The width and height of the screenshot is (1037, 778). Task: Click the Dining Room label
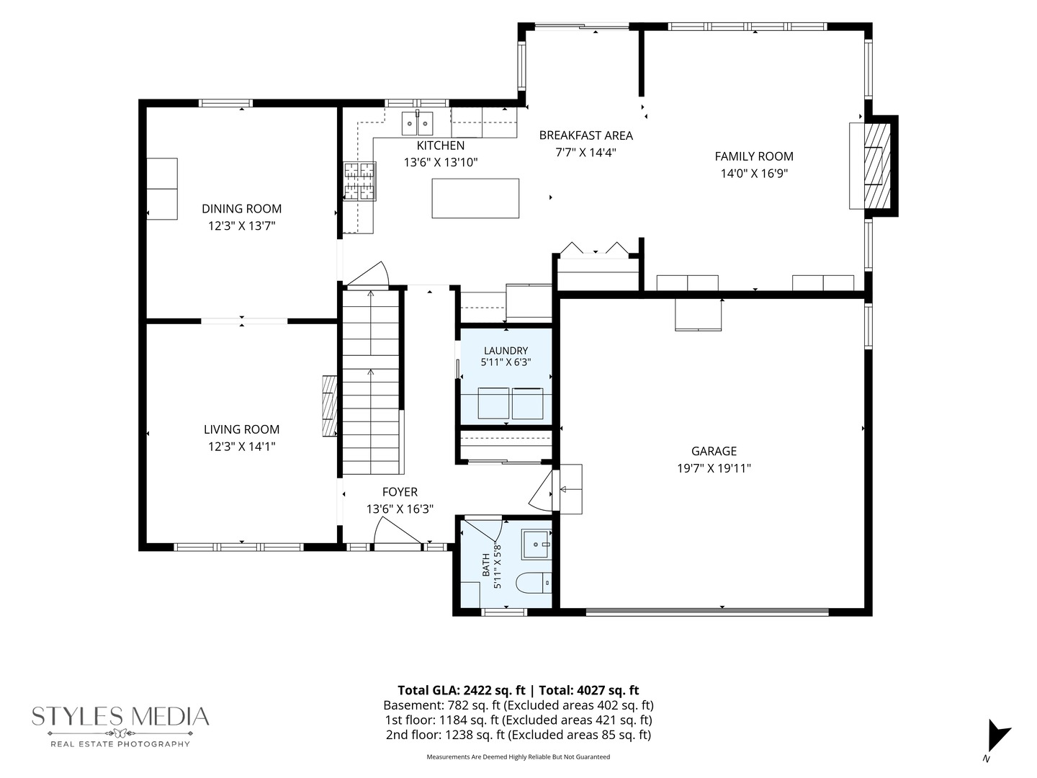pyautogui.click(x=241, y=208)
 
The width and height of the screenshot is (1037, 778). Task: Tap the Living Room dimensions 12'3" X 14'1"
pyautogui.click(x=241, y=447)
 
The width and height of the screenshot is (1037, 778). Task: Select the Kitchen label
pyautogui.click(x=440, y=146)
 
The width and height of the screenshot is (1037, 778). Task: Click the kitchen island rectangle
pyautogui.click(x=475, y=198)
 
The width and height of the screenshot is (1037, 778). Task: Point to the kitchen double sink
pyautogui.click(x=417, y=124)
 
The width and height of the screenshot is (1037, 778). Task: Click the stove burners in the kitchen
pyautogui.click(x=359, y=181)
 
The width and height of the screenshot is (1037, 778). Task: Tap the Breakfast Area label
pyautogui.click(x=585, y=135)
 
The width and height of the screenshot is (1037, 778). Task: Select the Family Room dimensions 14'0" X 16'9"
pyautogui.click(x=754, y=174)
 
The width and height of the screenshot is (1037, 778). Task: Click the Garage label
pyautogui.click(x=714, y=451)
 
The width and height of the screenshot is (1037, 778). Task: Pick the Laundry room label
pyautogui.click(x=506, y=351)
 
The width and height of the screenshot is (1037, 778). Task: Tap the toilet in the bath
pyautogui.click(x=534, y=583)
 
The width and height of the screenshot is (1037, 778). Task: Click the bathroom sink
pyautogui.click(x=537, y=544)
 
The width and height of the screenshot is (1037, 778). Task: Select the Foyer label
pyautogui.click(x=400, y=492)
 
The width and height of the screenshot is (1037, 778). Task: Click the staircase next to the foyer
pyautogui.click(x=372, y=383)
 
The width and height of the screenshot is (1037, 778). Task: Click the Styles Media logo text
pyautogui.click(x=120, y=717)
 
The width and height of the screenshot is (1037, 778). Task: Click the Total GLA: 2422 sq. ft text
pyautogui.click(x=461, y=690)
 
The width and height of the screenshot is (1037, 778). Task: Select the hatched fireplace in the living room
pyautogui.click(x=330, y=406)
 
